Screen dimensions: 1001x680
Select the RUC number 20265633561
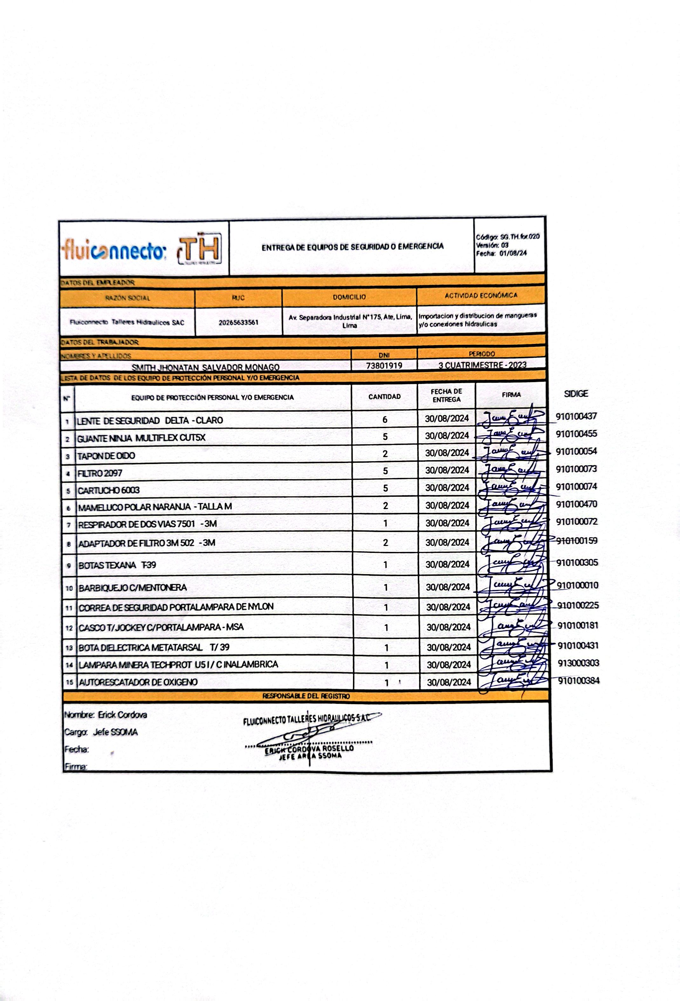coord(238,322)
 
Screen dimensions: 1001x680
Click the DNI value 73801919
coord(384,366)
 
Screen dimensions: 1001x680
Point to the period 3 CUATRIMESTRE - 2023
coord(482,365)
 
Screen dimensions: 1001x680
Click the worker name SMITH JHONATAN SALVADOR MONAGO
coord(205,367)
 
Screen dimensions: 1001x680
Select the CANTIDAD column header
coord(384,397)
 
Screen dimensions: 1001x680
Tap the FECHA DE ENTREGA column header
coord(446,395)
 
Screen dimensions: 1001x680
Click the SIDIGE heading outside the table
coord(576,394)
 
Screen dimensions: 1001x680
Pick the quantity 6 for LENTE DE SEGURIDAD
coord(385,420)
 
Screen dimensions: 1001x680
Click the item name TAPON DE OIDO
coord(106,456)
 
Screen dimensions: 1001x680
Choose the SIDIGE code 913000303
coord(578,663)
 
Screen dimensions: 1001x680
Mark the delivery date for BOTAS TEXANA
coord(447,564)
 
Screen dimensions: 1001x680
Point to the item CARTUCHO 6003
coord(109,490)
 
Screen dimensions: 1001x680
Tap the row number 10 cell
coord(69,588)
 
